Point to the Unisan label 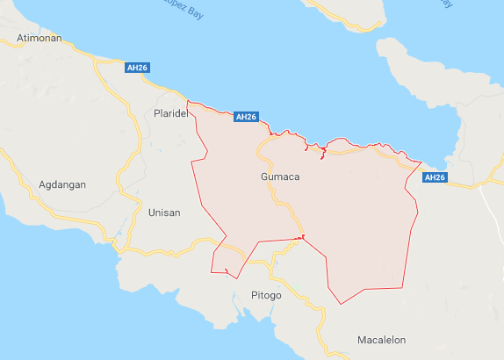pyautogui.click(x=164, y=212)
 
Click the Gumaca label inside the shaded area pyautogui.click(x=280, y=176)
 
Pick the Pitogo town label pyautogui.click(x=266, y=295)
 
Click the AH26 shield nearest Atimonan pyautogui.click(x=137, y=67)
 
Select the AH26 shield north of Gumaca pyautogui.click(x=247, y=117)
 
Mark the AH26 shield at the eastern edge pyautogui.click(x=436, y=177)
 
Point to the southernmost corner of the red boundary pyautogui.click(x=341, y=304)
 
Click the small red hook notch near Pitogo pyautogui.click(x=227, y=270)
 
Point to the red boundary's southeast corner pyautogui.click(x=403, y=285)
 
